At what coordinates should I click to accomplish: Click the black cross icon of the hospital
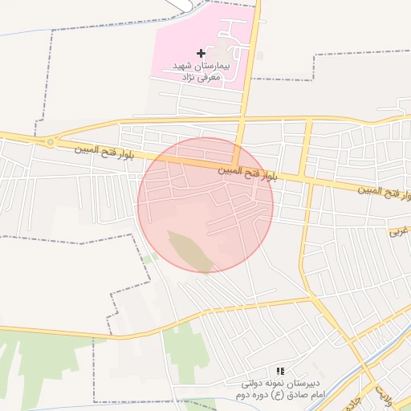click(x=200, y=53)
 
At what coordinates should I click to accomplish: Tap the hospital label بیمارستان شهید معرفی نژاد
click(x=201, y=71)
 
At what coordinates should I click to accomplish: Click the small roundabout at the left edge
click(x=51, y=142)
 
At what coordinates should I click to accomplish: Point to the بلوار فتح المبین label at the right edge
click(x=385, y=193)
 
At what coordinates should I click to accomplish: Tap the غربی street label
click(x=399, y=231)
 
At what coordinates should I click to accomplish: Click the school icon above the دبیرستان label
click(x=279, y=371)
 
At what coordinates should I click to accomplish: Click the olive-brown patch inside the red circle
click(x=190, y=250)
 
